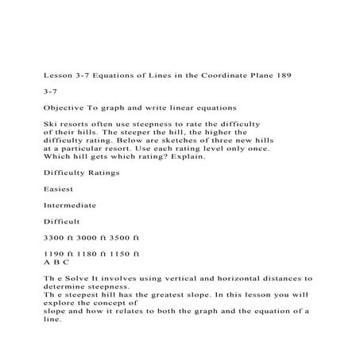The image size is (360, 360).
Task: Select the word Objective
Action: [x=65, y=106]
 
